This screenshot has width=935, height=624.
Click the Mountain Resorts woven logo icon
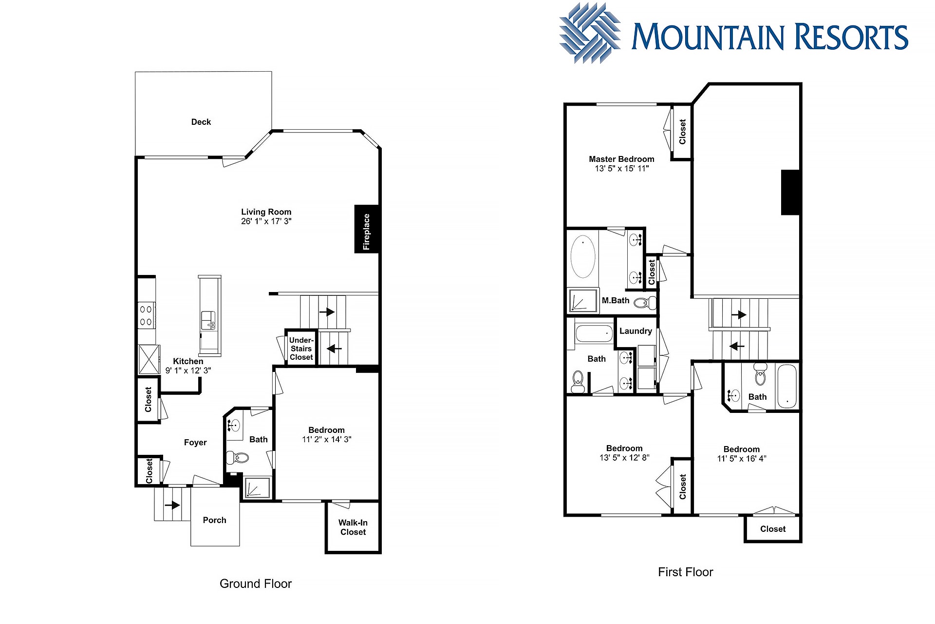[x=590, y=34]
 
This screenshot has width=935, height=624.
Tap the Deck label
[x=201, y=122]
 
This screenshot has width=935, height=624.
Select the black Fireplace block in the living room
[x=366, y=229]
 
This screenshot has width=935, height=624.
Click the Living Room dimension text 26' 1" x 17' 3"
[x=266, y=221]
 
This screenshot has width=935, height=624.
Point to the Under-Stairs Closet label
[x=301, y=349]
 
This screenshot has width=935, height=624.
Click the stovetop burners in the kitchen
[x=146, y=315]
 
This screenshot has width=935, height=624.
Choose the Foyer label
[x=195, y=443]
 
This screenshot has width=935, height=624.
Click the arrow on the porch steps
[x=172, y=505]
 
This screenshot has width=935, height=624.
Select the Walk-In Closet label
[x=353, y=527]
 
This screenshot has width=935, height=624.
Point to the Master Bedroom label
[x=622, y=159]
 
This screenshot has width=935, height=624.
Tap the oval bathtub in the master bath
[x=583, y=256]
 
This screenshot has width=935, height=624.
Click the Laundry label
[x=636, y=331]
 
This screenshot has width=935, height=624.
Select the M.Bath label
[x=616, y=300]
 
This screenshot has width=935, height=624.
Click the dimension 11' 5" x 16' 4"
[x=742, y=459]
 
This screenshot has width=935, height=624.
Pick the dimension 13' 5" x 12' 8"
[x=624, y=458]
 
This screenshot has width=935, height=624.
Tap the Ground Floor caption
[x=256, y=584]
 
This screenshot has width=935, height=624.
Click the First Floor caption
[x=686, y=572]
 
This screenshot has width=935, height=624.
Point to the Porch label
[x=215, y=520]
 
